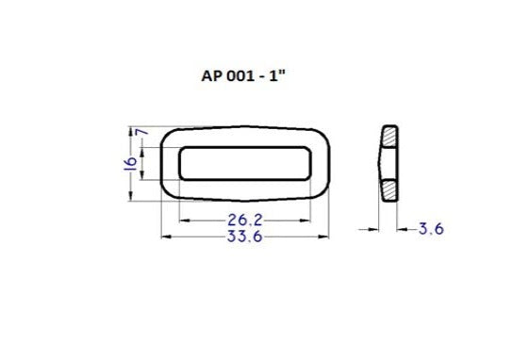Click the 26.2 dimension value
coord(244,220)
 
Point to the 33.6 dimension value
coord(244,237)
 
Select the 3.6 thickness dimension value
coord(431,228)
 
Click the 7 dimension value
coord(143,134)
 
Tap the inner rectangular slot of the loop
coord(244,162)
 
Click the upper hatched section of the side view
coord(389,139)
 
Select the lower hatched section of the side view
coord(389,186)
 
